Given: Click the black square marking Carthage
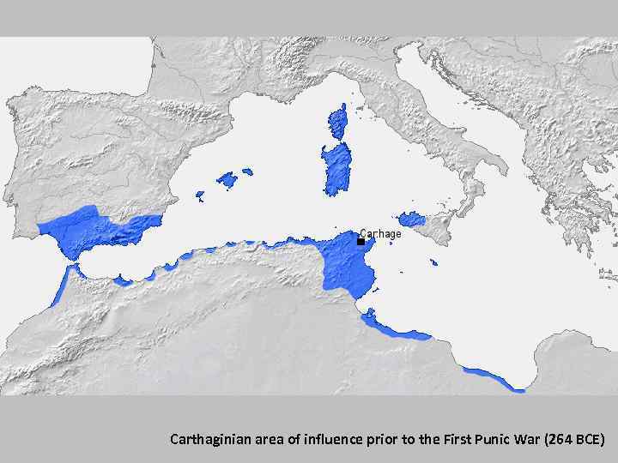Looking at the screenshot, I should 360,242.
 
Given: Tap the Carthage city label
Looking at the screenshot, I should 380,233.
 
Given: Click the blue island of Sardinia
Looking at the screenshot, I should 336,169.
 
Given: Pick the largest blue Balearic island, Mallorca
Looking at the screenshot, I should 227,180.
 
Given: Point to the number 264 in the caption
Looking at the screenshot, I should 553,440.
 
